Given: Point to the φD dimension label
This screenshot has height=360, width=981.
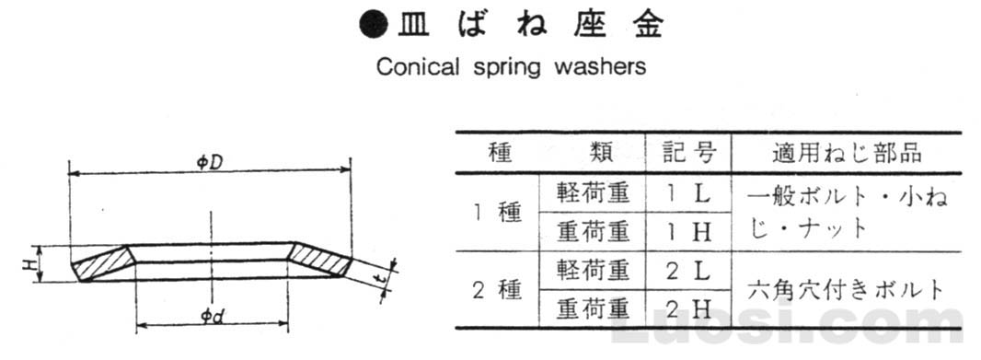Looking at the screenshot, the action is click(x=207, y=162).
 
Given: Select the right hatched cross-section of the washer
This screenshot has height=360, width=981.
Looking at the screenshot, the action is click(x=319, y=261).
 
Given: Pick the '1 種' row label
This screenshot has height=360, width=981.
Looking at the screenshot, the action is click(x=497, y=213).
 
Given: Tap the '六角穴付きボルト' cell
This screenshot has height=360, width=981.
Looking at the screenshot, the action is click(x=845, y=289).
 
